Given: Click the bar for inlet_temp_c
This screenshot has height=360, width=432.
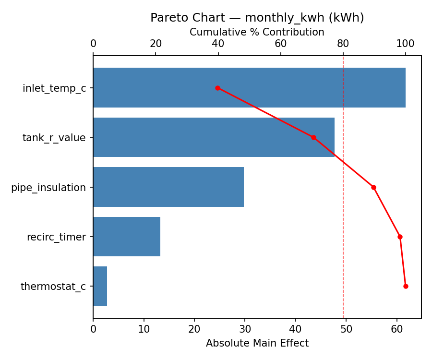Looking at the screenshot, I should point(249,88).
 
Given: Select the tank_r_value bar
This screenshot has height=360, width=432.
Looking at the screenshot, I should point(214,137).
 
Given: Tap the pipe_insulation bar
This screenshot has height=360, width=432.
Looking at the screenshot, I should point(168,187).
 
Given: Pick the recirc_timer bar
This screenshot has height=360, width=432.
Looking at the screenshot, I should point(127,237).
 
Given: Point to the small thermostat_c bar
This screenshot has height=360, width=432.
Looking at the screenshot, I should point(100,286).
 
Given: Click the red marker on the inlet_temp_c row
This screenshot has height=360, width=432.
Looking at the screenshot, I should point(217,88).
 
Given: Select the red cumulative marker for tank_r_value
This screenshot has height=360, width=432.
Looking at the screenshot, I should point(313,137).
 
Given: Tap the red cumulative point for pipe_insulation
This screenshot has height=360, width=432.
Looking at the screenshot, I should point(373,187).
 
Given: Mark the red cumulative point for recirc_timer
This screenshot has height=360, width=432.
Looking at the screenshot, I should point(400,237).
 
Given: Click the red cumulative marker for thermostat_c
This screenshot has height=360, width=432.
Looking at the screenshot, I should point(406,286).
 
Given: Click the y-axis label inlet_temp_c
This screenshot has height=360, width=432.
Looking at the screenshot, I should point(54,88).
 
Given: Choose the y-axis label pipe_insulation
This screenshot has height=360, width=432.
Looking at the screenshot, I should point(48,188).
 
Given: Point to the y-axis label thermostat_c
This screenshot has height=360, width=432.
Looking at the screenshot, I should point(53,287).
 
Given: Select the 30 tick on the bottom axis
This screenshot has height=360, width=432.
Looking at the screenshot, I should point(245,329).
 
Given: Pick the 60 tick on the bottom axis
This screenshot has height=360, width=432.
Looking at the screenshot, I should point(397,329).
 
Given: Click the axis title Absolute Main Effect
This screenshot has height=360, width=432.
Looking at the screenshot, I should point(257,344).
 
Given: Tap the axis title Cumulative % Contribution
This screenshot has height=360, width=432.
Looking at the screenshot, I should point(257,32).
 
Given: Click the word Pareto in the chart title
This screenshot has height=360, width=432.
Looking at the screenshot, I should point(166,18).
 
